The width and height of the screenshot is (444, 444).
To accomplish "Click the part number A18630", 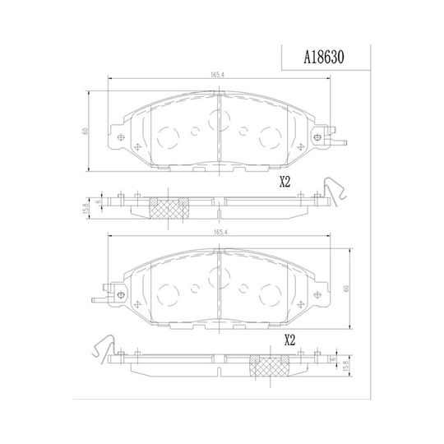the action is [324, 58].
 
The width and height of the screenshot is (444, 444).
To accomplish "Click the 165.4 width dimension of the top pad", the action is [217, 75].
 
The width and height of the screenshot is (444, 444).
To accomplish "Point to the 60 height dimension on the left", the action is [85, 131].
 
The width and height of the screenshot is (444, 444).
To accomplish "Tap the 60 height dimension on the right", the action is [346, 289].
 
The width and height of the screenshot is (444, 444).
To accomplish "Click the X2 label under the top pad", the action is [285, 183].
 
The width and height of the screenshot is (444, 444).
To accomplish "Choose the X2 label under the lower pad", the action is [289, 340].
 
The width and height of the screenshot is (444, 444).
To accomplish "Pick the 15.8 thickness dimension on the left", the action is [86, 208].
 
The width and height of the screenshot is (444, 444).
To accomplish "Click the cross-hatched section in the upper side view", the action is [169, 208].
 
